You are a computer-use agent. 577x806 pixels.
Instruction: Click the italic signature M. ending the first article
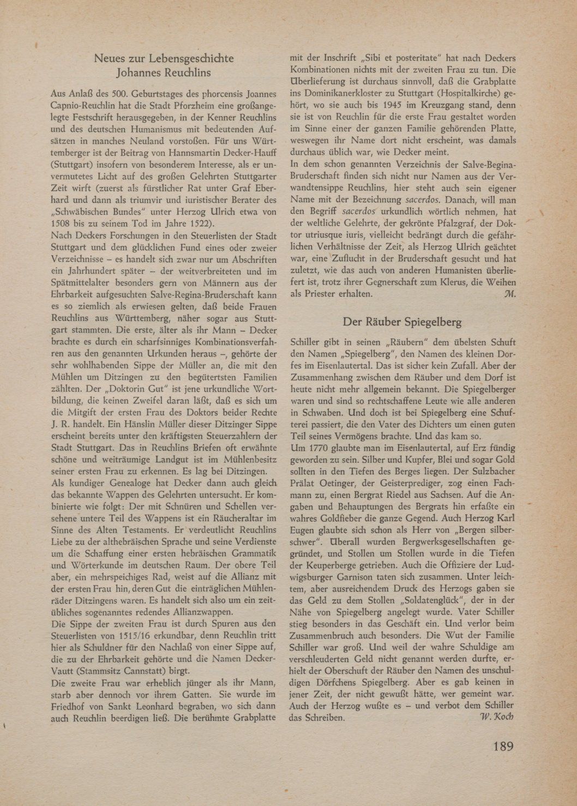[510, 293]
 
